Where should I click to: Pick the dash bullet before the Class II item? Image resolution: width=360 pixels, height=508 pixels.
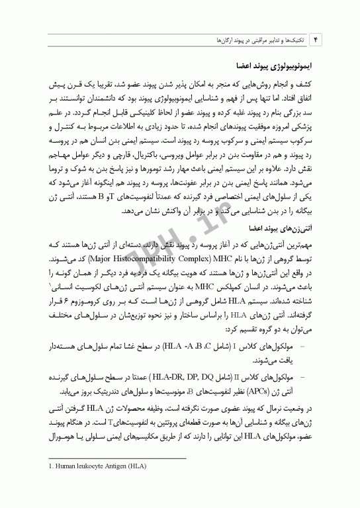click(x=303, y=376)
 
